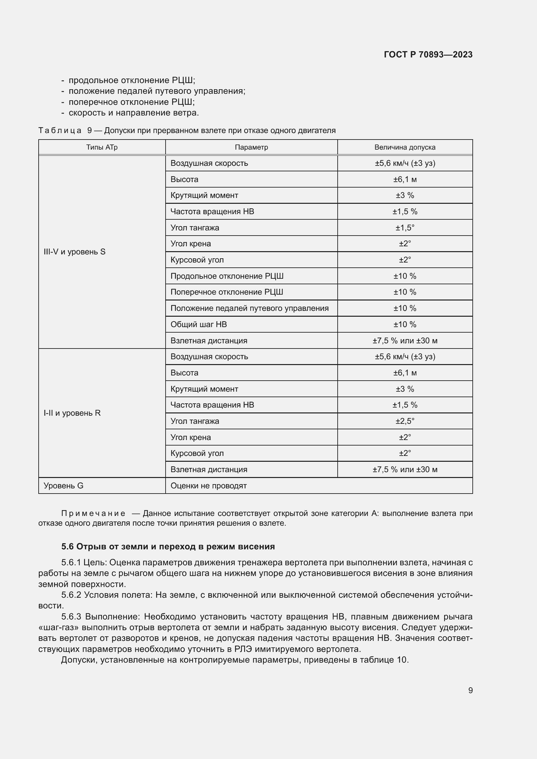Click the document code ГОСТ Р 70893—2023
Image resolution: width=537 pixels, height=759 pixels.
coord(428,55)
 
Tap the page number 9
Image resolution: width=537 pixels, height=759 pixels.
coord(470,690)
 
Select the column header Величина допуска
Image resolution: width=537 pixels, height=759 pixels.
coord(405,147)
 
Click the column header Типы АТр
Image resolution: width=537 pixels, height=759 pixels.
coord(102,147)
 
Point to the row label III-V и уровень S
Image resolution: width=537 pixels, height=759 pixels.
coord(74,251)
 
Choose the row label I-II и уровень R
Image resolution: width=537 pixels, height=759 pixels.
coord(72,413)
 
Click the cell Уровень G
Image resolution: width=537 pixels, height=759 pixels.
coord(64,486)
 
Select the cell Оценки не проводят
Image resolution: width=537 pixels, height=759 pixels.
coord(208,486)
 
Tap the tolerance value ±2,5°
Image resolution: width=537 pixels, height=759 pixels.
coord(405,421)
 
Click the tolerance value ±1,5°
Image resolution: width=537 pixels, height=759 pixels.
coord(405,228)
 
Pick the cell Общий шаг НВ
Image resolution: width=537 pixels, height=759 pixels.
coord(198,324)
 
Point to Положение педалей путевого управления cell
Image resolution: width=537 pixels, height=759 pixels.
coord(249,308)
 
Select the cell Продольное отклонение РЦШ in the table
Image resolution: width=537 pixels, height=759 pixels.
coord(227,276)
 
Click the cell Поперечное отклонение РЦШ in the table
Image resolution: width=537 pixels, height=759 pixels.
coord(227,292)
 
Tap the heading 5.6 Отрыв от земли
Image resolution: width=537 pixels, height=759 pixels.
coord(168,546)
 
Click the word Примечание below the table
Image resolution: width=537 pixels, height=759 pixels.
coord(93,513)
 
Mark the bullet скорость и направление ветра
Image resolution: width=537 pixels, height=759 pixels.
coord(133,113)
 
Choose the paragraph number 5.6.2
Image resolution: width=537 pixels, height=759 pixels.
coord(71,595)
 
